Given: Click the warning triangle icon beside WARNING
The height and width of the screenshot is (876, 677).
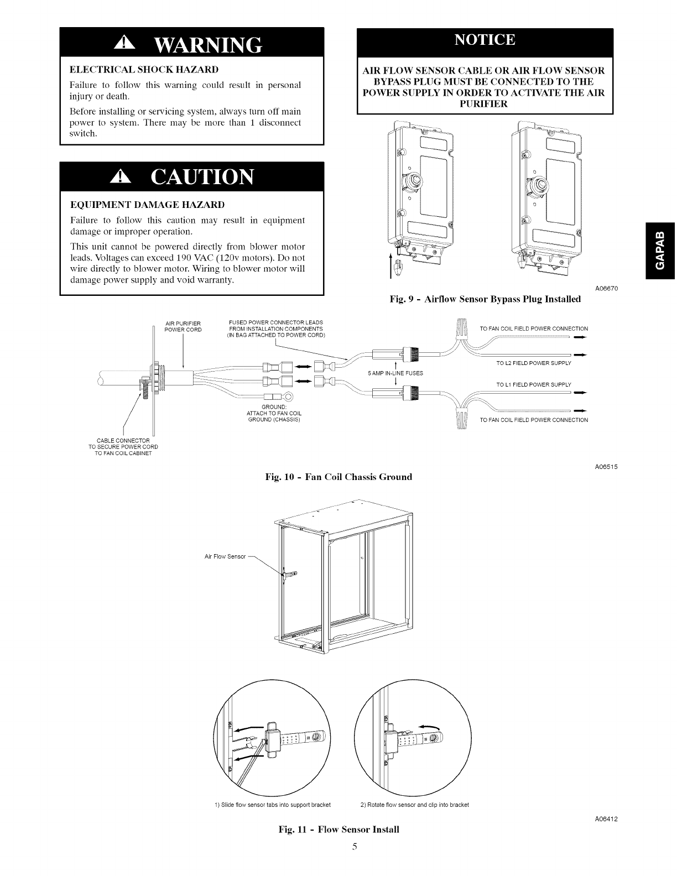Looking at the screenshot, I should (123, 43).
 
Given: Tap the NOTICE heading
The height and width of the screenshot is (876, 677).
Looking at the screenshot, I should (485, 40).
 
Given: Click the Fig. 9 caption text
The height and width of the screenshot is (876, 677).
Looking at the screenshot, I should (485, 299).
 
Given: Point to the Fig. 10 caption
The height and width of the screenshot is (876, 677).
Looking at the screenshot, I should (338, 477).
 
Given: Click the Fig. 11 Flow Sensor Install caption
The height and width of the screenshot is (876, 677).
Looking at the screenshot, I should (338, 830).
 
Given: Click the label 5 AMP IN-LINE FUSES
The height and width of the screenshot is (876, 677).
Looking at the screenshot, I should (395, 373).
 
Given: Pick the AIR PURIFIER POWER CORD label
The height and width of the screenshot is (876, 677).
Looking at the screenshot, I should (183, 327).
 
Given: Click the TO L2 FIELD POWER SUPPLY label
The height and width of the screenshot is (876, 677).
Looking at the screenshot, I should (533, 363).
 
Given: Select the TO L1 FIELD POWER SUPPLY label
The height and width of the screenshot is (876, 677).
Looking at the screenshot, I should (533, 384).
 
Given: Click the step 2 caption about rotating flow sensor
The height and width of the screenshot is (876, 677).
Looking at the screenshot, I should (414, 805).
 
